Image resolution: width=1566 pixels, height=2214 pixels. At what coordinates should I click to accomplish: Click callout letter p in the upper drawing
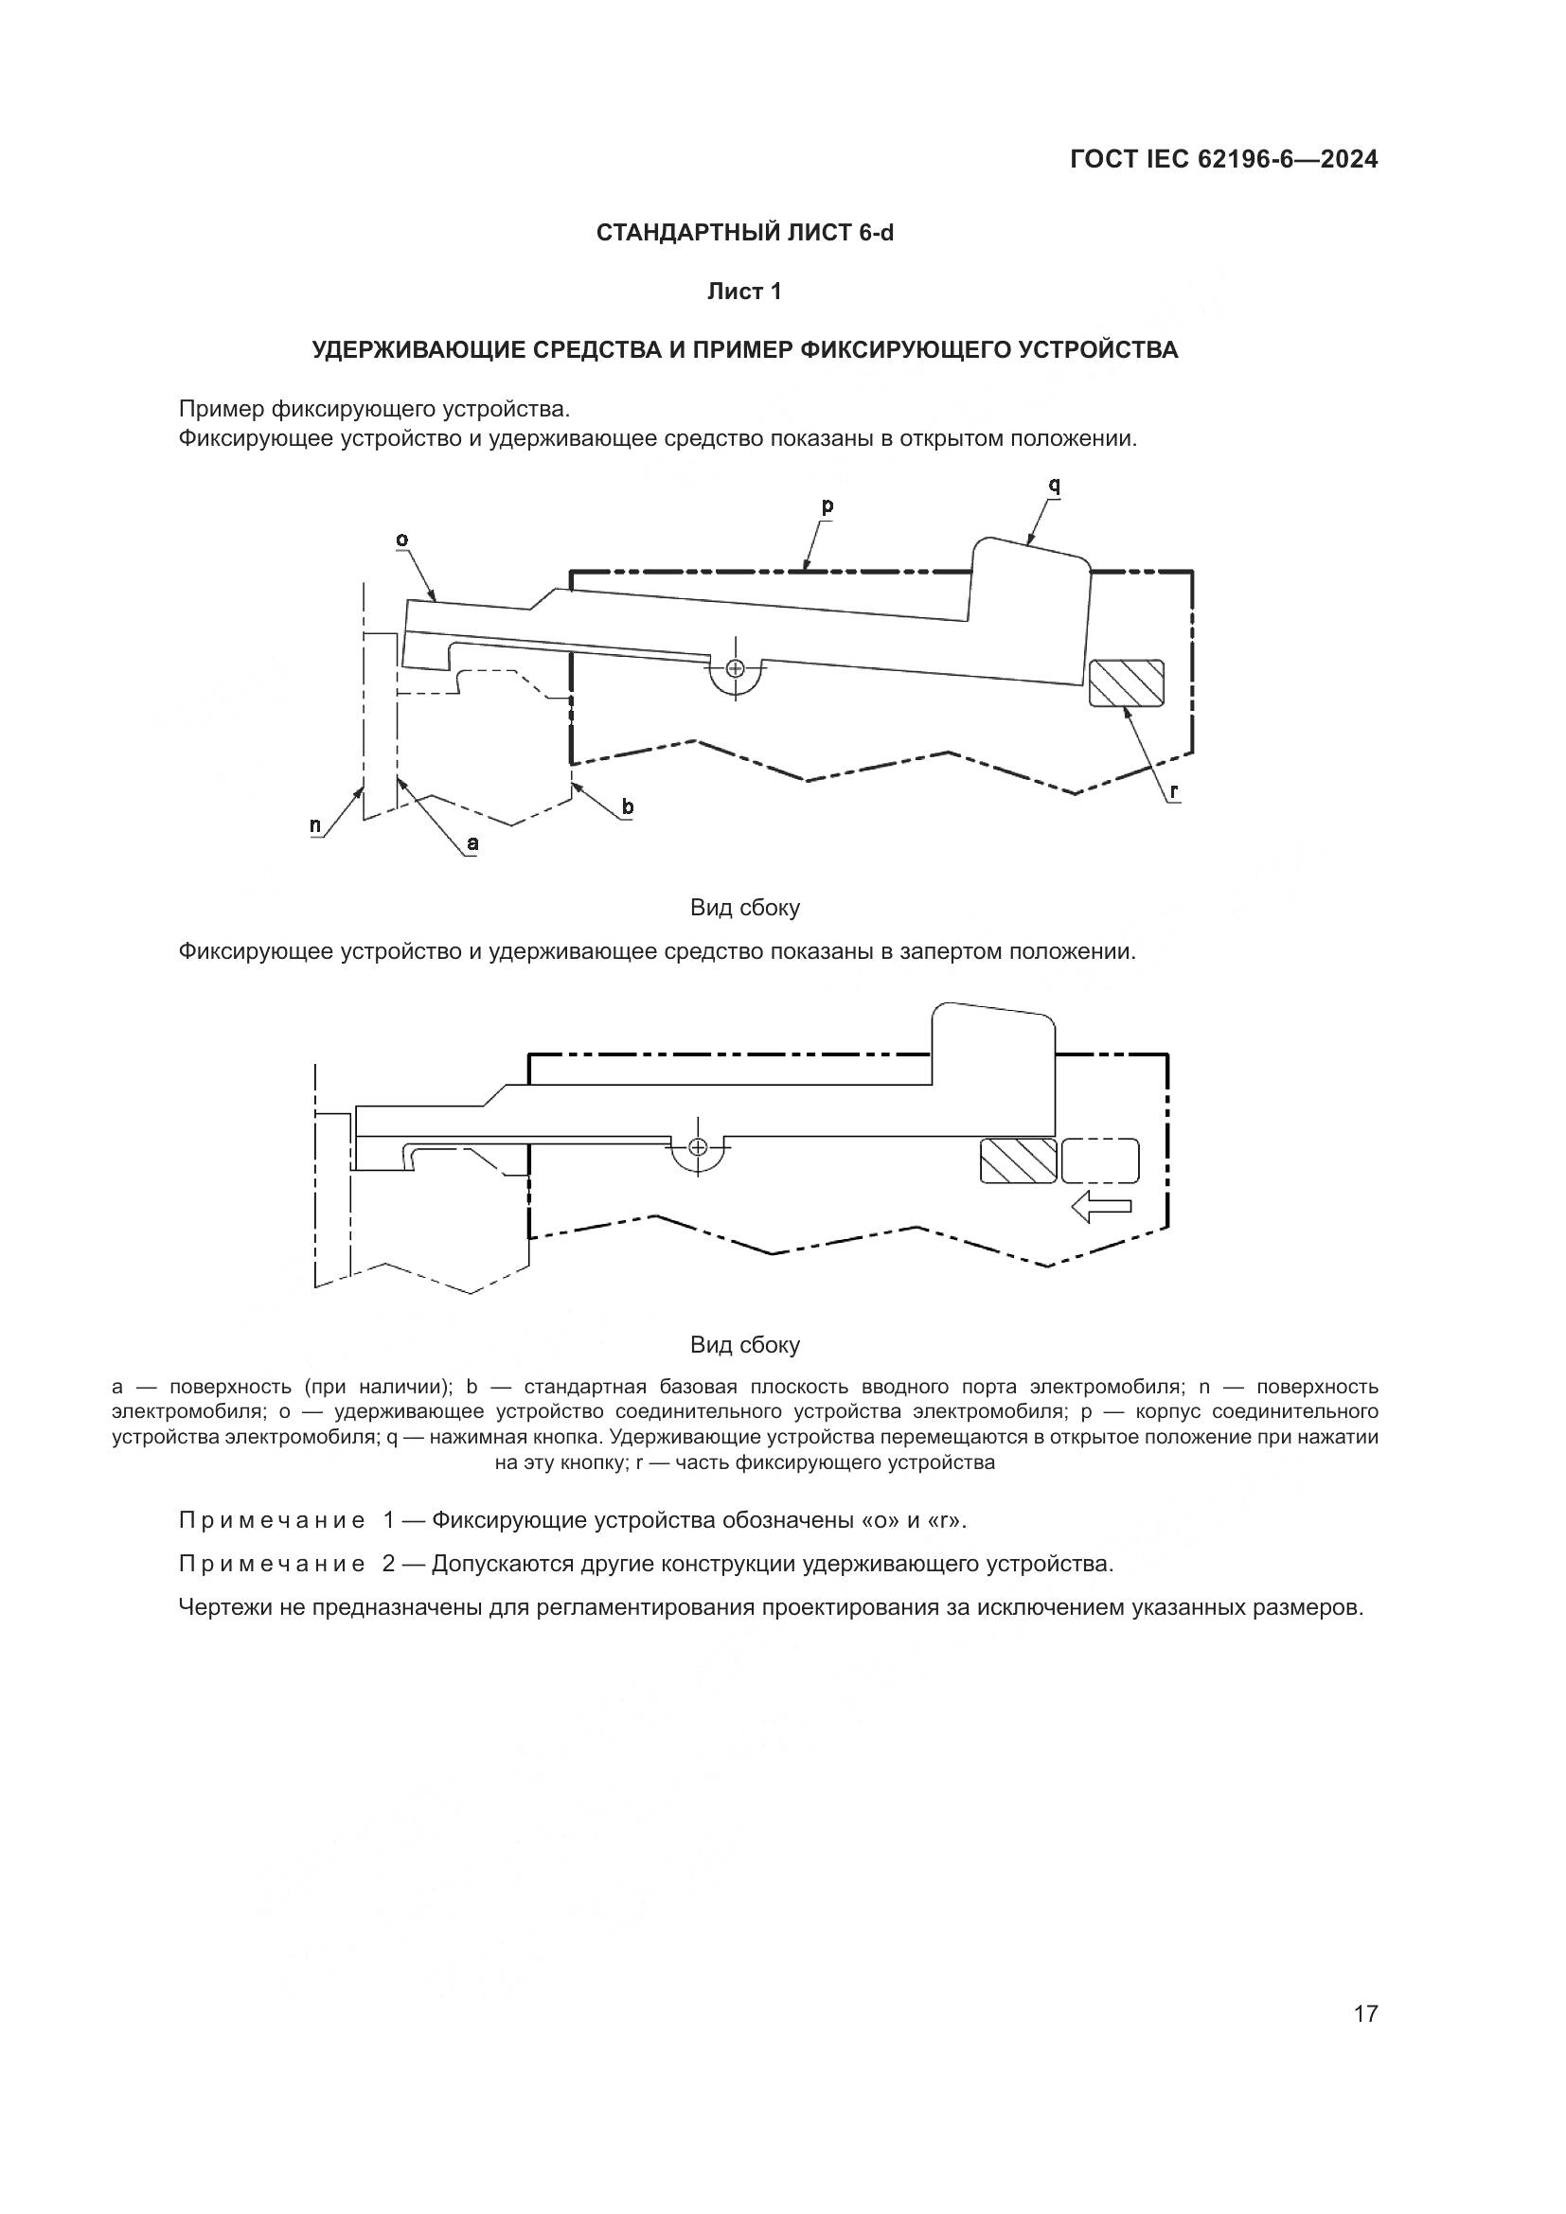(827, 505)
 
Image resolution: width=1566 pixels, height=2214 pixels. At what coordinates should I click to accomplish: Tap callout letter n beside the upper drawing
(315, 825)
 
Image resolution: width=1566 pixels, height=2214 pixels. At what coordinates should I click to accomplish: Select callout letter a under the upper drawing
(472, 843)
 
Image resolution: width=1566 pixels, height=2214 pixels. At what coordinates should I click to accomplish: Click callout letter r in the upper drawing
(1173, 791)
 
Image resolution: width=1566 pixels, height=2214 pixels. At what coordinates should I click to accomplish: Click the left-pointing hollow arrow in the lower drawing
(1100, 1205)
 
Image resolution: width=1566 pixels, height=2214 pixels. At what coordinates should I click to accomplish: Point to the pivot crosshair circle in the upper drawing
(736, 668)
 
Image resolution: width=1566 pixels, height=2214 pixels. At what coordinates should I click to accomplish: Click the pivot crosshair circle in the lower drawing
(698, 1146)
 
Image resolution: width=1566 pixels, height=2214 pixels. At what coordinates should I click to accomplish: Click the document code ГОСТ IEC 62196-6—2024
(1223, 159)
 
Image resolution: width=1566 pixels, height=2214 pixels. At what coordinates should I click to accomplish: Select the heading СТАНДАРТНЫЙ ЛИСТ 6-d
(744, 233)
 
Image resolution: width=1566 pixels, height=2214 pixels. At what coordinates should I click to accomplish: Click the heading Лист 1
(744, 292)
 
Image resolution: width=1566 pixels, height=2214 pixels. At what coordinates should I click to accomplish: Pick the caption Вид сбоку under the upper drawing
(744, 908)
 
